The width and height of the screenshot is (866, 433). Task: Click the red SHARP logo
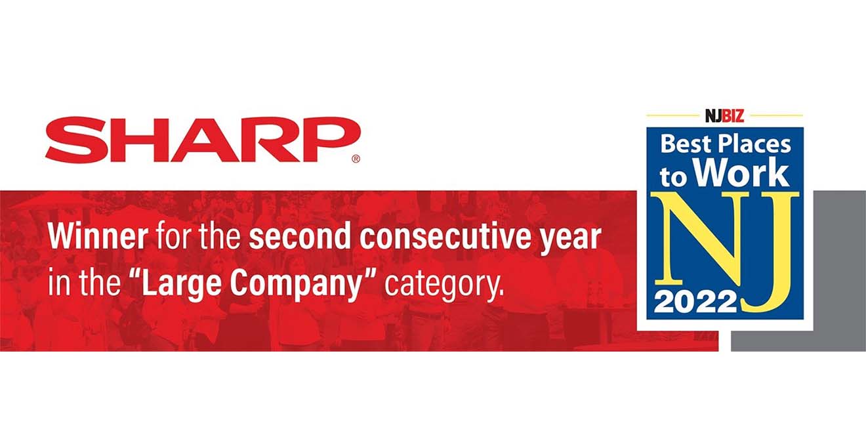[x=203, y=140]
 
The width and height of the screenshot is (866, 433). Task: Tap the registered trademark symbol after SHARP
[x=356, y=159]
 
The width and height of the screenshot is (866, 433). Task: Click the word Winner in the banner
[x=98, y=237]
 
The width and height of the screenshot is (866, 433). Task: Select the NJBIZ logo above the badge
[x=724, y=115]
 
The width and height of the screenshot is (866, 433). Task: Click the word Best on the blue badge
[x=686, y=144]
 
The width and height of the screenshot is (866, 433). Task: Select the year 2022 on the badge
[x=695, y=302]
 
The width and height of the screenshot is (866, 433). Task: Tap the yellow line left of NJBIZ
[x=674, y=115]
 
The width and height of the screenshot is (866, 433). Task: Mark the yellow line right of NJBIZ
[x=775, y=115]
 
